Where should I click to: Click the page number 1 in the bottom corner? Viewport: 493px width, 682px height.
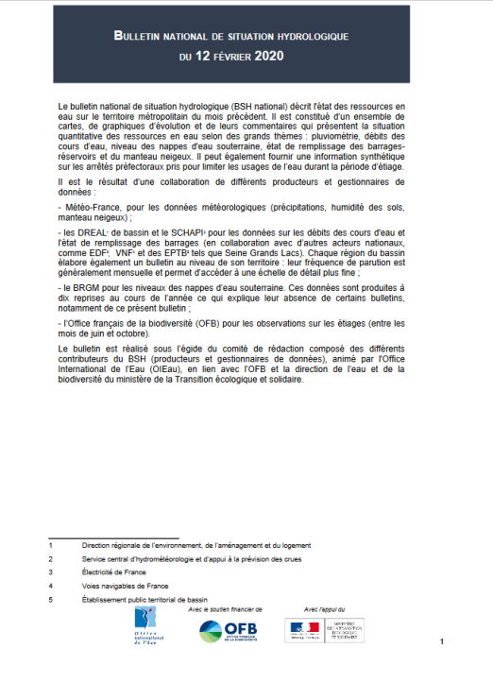point(441,642)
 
